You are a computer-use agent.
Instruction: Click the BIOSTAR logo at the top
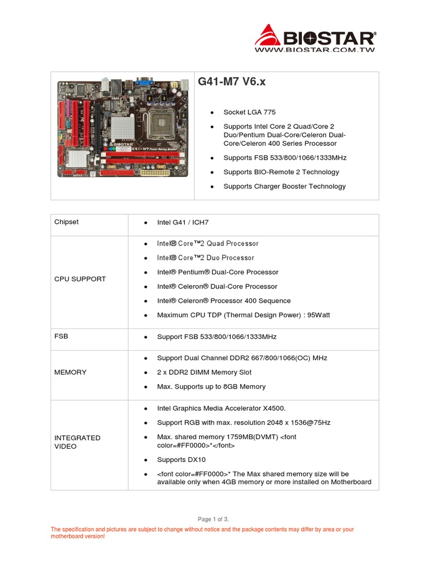point(315,37)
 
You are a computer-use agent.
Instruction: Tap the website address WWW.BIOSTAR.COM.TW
point(315,50)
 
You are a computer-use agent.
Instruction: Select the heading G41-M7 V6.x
point(232,82)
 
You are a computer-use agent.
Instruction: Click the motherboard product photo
point(122,129)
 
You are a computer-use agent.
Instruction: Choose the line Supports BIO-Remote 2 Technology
point(281,172)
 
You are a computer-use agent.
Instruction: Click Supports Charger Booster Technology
point(284,186)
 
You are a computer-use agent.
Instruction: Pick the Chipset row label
point(66,222)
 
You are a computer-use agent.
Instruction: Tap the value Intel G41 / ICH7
point(182,223)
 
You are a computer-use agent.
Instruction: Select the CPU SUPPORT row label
point(80,279)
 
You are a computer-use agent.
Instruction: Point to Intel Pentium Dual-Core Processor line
point(217,272)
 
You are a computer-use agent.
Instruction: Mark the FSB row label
point(61,337)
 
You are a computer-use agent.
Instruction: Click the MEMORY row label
point(70,372)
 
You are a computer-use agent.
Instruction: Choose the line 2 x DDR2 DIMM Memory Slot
point(204,372)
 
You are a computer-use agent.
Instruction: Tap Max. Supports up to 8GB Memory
point(211,387)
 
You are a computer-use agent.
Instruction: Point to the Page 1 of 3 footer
point(213,519)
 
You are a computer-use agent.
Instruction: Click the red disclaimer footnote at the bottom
point(202,533)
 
